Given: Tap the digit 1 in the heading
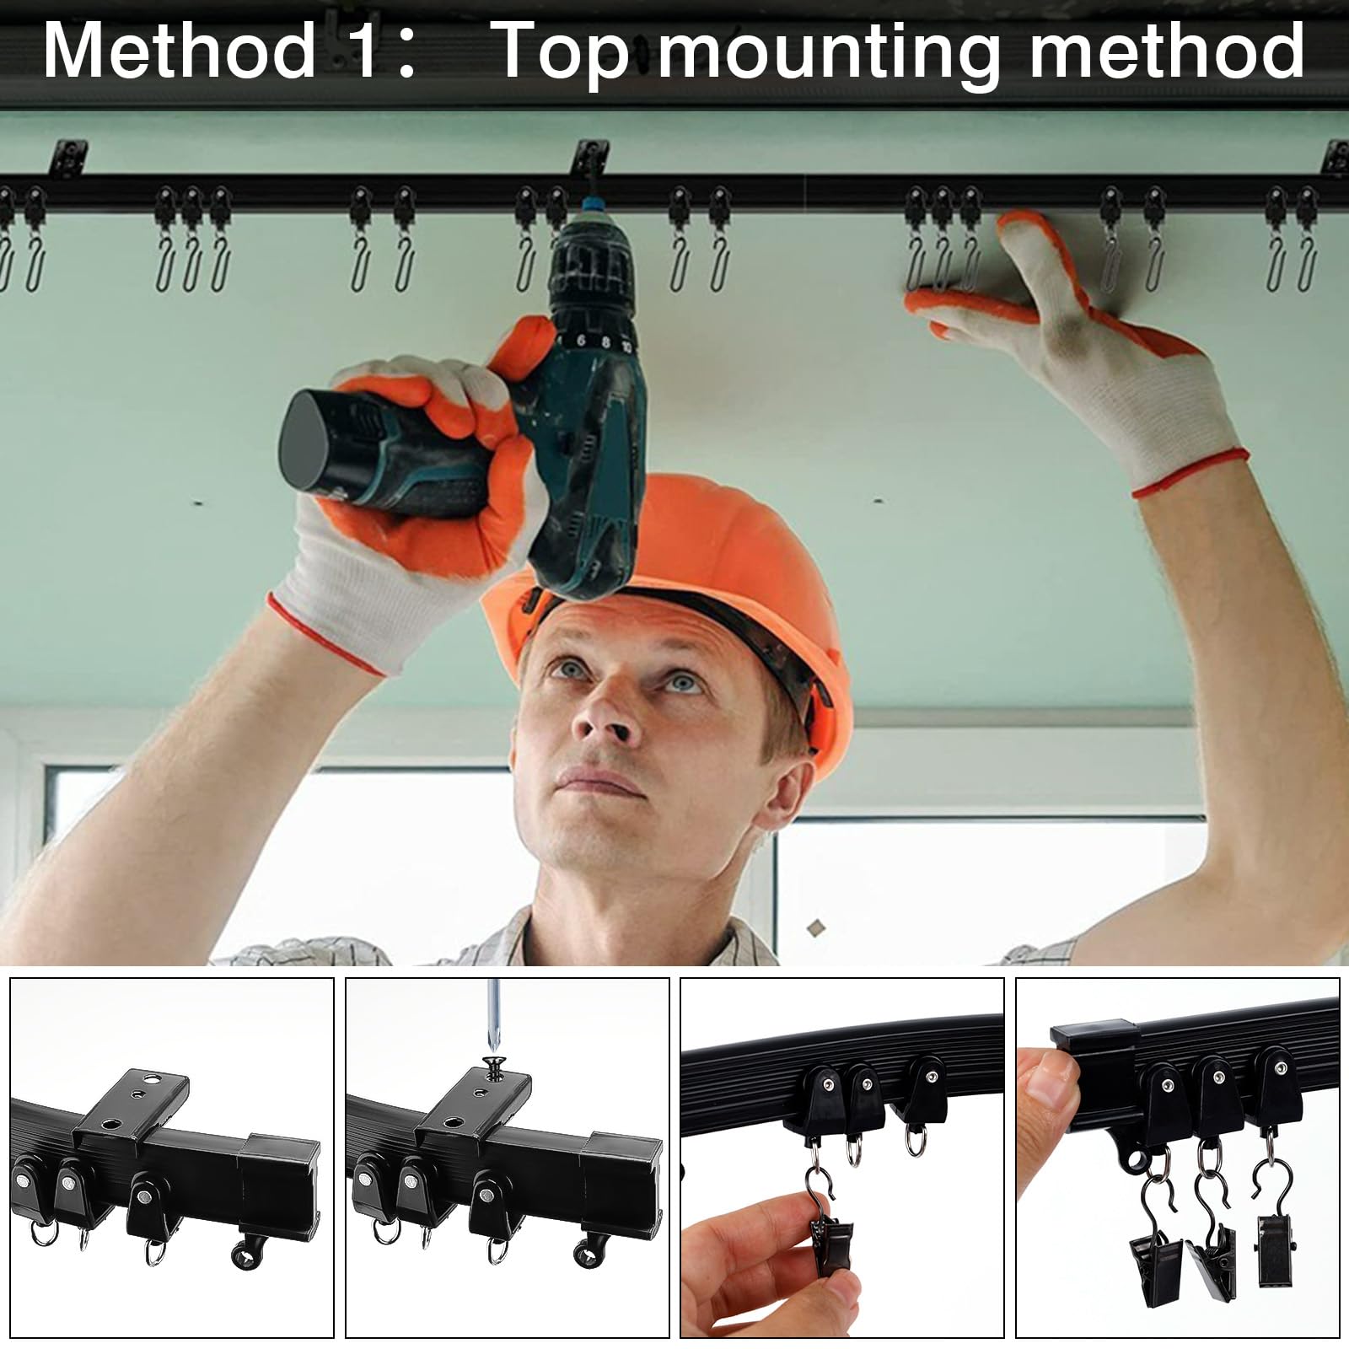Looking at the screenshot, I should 364,52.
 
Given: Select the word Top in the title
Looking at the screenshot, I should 563,52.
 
